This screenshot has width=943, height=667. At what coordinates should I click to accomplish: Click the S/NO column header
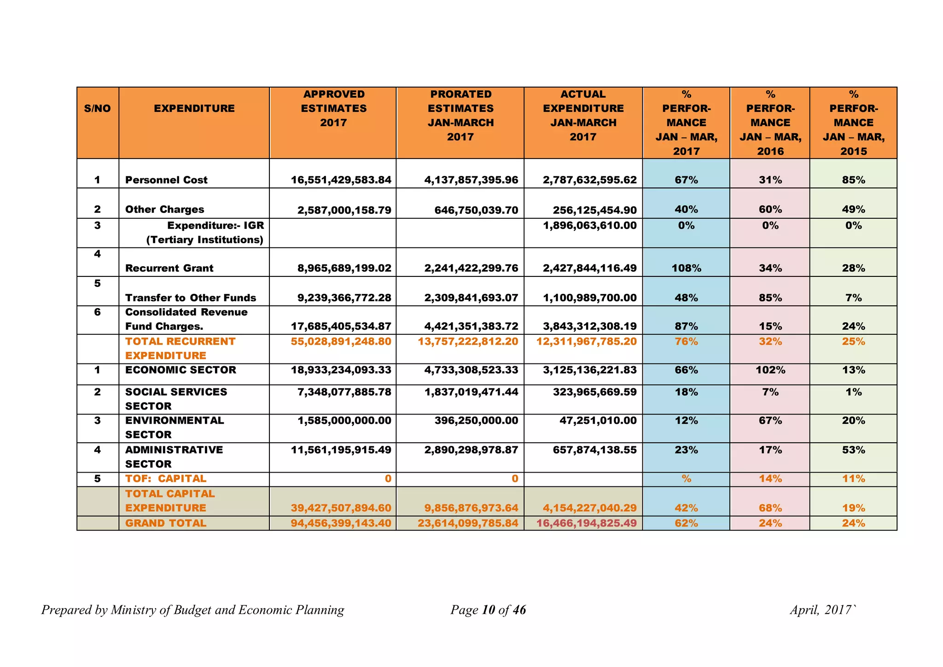tap(97, 109)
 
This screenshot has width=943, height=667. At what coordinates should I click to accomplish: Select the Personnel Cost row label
tap(166, 180)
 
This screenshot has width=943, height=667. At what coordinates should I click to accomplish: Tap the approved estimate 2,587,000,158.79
tap(344, 210)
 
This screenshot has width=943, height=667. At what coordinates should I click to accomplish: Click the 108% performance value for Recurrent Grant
tap(686, 269)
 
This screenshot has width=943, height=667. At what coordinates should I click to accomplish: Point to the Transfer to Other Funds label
tap(190, 298)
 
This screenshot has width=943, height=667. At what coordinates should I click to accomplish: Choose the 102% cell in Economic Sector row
tap(770, 370)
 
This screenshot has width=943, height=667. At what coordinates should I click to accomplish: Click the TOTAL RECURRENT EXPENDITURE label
tap(180, 349)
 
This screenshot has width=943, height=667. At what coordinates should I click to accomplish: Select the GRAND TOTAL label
tap(166, 523)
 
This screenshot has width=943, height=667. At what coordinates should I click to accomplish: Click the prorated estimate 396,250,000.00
tap(476, 421)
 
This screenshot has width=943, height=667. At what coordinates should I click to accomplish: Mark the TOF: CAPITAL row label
tap(166, 479)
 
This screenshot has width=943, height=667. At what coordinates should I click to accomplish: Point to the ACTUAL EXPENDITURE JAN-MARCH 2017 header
tap(583, 116)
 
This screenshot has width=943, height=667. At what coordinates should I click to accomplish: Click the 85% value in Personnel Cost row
tap(853, 180)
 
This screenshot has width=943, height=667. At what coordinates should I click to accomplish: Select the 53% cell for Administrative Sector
tap(853, 450)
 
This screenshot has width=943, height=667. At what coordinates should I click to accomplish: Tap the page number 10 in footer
tap(488, 610)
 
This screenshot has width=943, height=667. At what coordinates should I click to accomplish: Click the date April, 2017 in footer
tap(820, 610)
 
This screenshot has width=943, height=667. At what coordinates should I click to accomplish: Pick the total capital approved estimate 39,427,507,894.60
tap(341, 509)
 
